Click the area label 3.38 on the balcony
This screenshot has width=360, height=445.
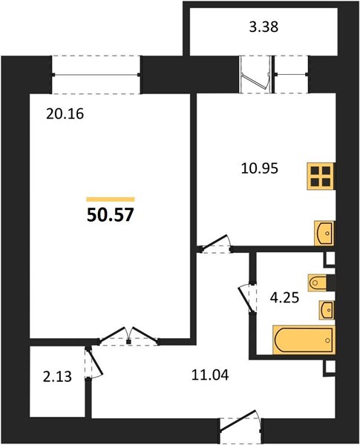tap(264, 27)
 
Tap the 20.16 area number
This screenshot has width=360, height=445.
tap(65, 114)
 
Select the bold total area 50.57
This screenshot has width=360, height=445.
tap(111, 215)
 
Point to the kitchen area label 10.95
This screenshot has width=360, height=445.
tap(259, 169)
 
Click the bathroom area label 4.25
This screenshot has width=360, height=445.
tap(284, 298)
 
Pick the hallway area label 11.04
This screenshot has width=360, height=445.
tap(210, 375)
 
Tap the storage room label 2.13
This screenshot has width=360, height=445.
tap(57, 378)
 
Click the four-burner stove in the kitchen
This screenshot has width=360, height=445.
tap(321, 176)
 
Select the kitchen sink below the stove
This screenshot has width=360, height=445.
tap(324, 234)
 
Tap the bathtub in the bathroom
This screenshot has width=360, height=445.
tap(304, 340)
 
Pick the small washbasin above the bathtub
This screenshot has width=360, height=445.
tap(327, 309)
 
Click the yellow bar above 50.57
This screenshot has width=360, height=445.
tap(111, 200)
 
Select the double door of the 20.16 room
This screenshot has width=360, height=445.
tap(128, 337)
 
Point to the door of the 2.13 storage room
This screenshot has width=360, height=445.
tap(93, 363)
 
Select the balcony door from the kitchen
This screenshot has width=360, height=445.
tap(255, 74)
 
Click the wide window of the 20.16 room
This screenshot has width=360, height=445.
tap(96, 75)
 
